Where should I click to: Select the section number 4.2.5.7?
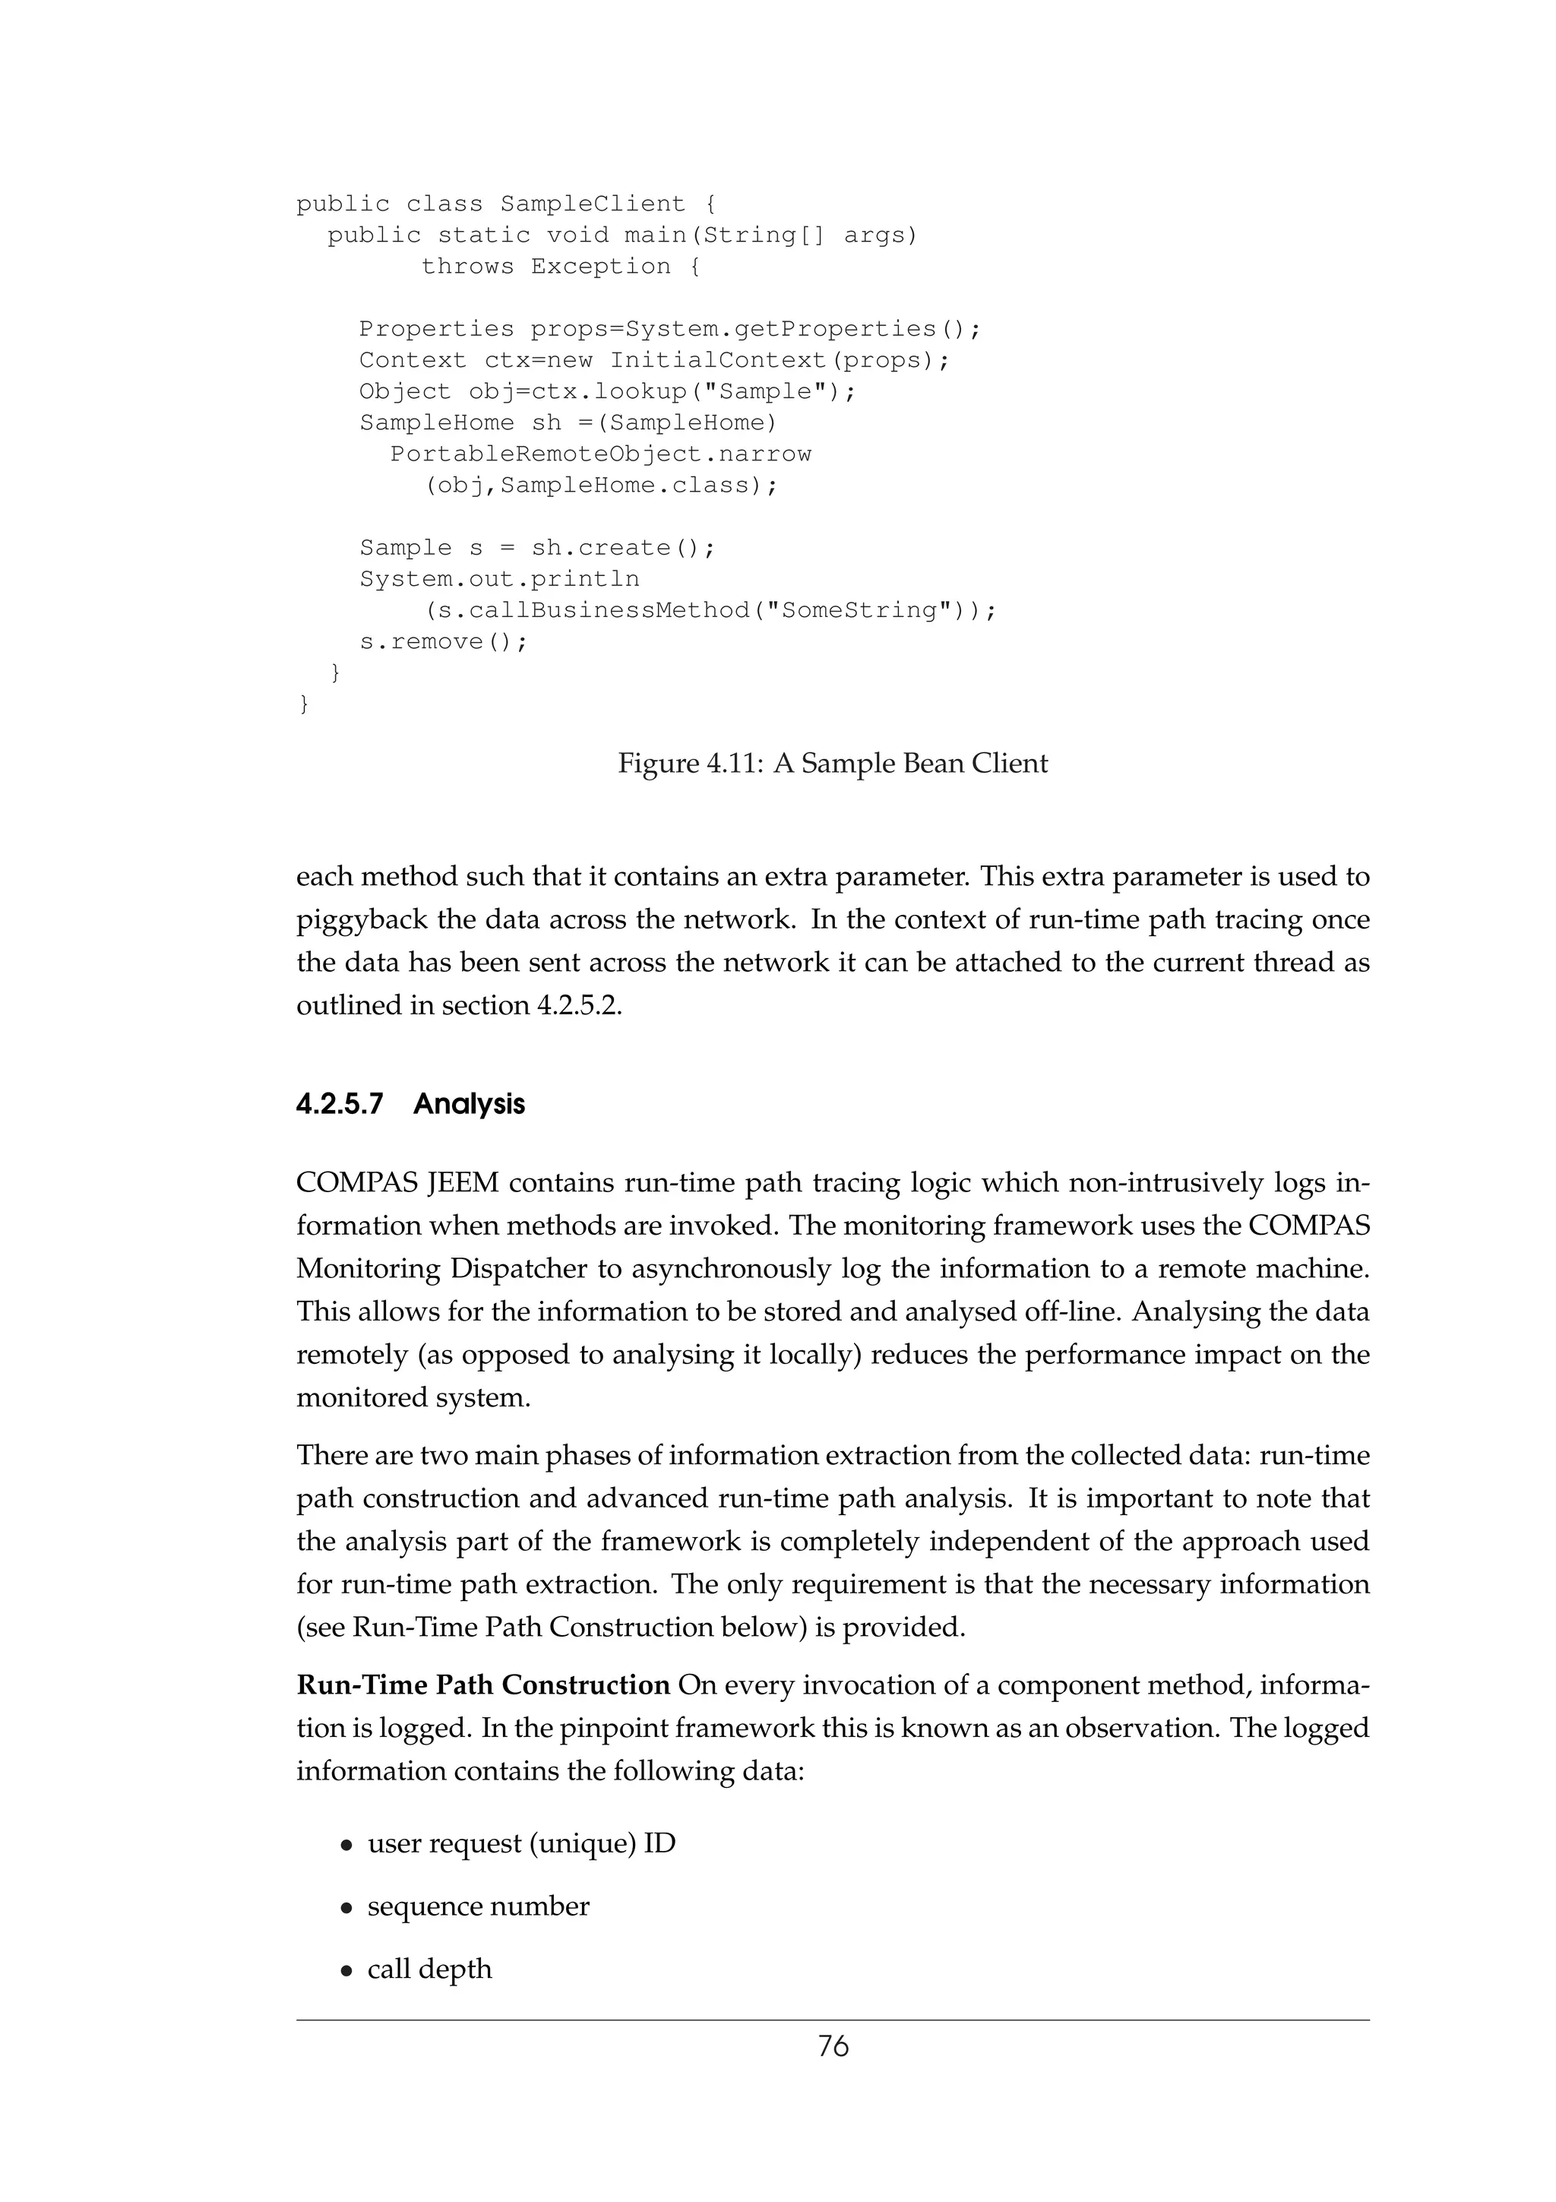point(340,1104)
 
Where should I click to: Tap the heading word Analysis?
point(469,1104)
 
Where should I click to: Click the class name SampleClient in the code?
point(593,204)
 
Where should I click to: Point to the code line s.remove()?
point(443,641)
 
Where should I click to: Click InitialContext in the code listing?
point(717,361)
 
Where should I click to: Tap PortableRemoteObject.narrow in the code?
point(600,454)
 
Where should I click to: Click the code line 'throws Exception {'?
point(561,267)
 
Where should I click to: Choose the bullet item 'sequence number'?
point(479,1906)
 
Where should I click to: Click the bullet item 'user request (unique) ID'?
point(521,1843)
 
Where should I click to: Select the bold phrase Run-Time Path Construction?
point(483,1685)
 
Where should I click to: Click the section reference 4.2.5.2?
point(579,1005)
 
